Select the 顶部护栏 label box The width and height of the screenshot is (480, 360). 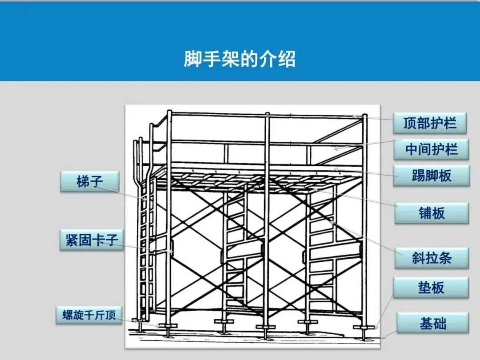point(430,123)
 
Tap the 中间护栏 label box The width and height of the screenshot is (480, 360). point(431,149)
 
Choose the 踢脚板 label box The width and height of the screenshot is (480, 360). point(431,176)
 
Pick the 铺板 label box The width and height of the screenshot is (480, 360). point(431,213)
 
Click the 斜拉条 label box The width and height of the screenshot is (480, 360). point(431,258)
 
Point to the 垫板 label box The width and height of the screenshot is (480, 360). point(431,288)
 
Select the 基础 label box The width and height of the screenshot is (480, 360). point(432,323)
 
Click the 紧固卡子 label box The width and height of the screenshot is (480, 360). point(92,240)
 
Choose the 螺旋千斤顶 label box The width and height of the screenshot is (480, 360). point(89,315)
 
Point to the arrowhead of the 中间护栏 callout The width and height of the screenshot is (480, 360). point(335,148)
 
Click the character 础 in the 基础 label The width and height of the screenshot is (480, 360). point(440,323)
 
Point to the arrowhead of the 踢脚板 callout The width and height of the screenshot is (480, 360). point(336,168)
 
